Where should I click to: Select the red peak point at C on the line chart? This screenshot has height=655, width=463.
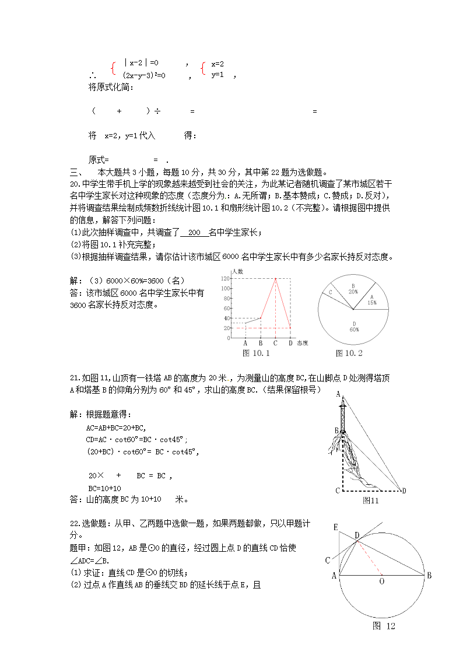(x=275, y=279)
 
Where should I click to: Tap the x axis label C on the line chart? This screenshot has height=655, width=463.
(x=275, y=343)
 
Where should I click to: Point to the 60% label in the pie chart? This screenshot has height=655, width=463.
(x=354, y=330)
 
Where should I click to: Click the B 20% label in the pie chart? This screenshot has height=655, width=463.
(x=353, y=288)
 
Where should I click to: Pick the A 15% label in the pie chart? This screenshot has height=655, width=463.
(x=372, y=300)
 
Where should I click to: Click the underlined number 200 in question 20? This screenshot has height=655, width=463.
(x=194, y=233)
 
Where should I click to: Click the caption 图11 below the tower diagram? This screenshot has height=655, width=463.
(x=371, y=500)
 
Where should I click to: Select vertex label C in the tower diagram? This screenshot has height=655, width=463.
(x=338, y=491)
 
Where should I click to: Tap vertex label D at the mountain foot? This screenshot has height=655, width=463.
(x=404, y=491)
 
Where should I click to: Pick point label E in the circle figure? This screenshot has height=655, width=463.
(x=336, y=527)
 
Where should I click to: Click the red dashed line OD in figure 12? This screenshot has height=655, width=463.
(x=370, y=559)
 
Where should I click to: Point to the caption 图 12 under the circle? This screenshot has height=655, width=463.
(x=384, y=626)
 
